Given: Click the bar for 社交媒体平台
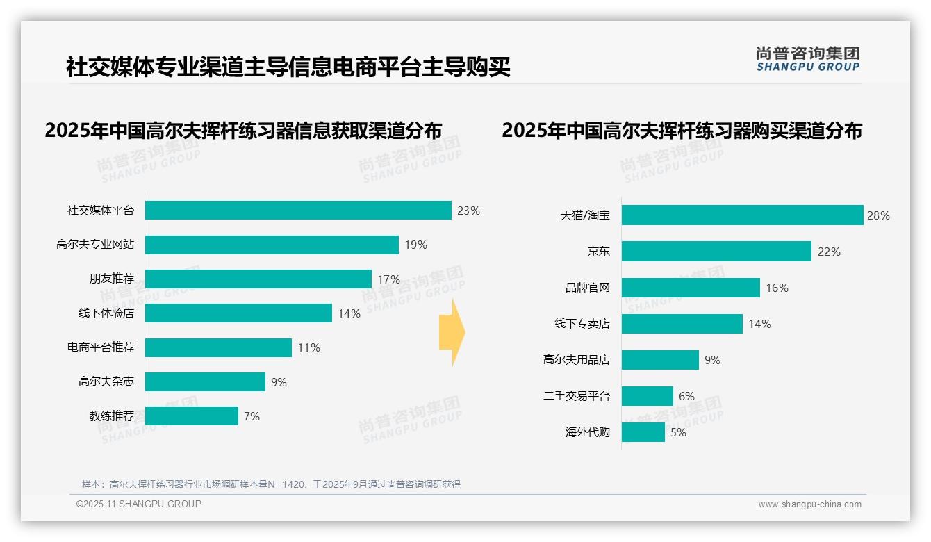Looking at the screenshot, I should (298, 211).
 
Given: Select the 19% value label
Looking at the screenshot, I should (415, 245).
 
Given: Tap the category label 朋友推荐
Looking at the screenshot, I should (111, 279).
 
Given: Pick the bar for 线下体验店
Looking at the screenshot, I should (238, 313).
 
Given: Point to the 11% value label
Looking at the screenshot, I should (308, 347).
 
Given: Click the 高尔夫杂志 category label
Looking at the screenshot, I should (106, 381).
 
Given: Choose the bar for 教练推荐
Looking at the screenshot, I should (192, 416).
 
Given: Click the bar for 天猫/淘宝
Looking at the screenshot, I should (742, 215).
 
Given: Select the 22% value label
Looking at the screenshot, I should (829, 252).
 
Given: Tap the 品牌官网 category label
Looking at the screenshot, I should (587, 288).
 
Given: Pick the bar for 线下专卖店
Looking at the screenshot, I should (682, 324).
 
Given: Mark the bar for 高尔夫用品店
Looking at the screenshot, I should (660, 360).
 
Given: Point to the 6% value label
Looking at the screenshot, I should (686, 396).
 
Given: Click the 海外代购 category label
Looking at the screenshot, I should (587, 432).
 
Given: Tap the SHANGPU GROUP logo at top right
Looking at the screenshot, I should (807, 59).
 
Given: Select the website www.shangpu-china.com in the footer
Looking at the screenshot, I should (809, 504).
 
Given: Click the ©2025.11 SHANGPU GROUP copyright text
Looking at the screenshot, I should (139, 504).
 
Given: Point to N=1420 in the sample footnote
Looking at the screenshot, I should (287, 484).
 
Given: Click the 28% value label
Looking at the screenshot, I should (878, 215).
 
